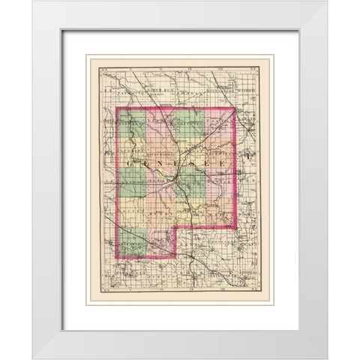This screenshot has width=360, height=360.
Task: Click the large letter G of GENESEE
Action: pos(135,161)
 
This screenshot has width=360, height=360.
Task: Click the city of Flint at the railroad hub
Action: pos(175,179)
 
